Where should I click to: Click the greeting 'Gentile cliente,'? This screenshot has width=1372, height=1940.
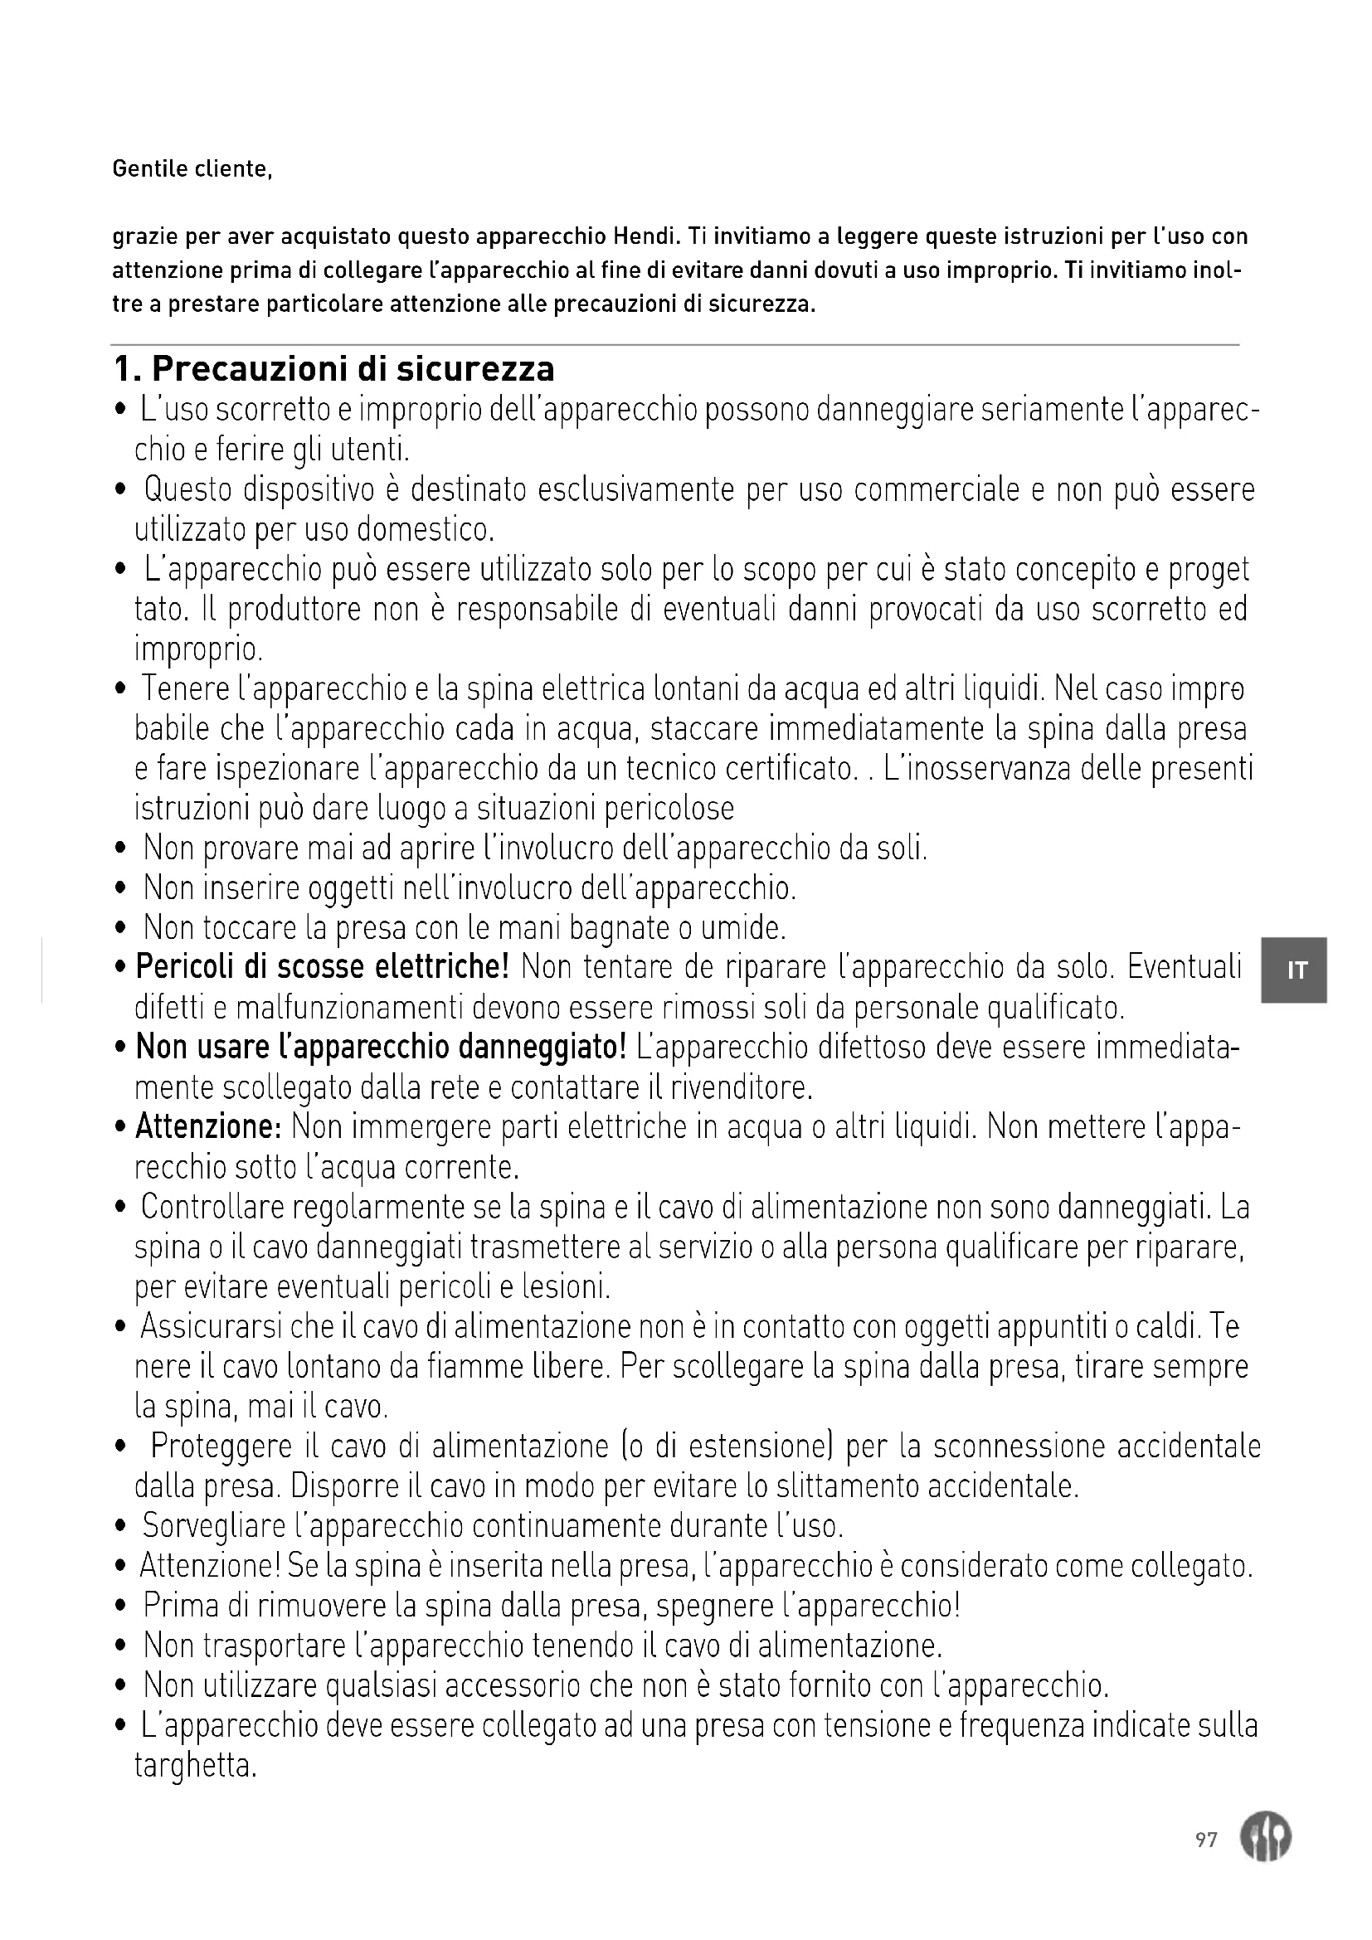[192, 170]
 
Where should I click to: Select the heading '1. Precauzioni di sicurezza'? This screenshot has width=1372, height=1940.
[333, 369]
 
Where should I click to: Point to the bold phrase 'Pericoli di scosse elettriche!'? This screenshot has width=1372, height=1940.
[322, 967]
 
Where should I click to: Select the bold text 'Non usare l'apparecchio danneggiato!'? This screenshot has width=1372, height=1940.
[381, 1048]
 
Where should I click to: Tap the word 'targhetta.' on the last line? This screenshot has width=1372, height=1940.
[195, 1767]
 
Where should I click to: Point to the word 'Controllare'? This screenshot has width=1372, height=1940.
[212, 1208]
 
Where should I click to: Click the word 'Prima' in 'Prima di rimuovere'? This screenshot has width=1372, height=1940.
[182, 1607]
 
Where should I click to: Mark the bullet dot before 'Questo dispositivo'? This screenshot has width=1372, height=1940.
[123, 491]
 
